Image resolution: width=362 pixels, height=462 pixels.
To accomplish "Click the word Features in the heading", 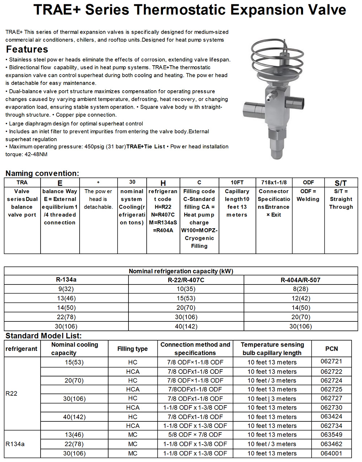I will pyautogui.click(x=27, y=49).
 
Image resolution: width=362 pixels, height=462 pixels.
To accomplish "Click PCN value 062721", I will pyautogui.click(x=331, y=361).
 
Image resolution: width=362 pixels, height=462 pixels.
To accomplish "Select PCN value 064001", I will pyautogui.click(x=331, y=453).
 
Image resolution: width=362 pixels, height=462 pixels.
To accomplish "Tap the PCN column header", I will pyautogui.click(x=331, y=349).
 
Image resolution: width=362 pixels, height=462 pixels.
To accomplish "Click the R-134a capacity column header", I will pyautogui.click(x=66, y=280).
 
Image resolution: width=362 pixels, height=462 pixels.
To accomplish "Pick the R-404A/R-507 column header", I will pyautogui.click(x=300, y=280).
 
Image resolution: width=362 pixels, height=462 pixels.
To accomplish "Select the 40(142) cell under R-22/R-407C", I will pyautogui.click(x=186, y=326).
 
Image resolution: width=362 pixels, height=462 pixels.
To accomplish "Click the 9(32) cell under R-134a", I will pyautogui.click(x=66, y=289).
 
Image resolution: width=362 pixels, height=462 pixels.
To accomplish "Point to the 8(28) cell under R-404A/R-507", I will pyautogui.click(x=300, y=289).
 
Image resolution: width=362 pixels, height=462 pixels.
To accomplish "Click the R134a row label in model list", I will pyautogui.click(x=15, y=444).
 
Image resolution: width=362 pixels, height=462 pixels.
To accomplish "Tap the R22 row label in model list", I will pyautogui.click(x=12, y=394).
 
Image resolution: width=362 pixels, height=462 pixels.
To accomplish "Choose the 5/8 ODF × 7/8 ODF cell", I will pyautogui.click(x=195, y=434).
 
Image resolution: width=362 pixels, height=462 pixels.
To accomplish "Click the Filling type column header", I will pyautogui.click(x=132, y=349).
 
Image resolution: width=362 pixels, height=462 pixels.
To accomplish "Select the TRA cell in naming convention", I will pyautogui.click(x=22, y=182).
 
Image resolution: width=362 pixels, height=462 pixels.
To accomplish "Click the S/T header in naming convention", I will pyautogui.click(x=341, y=183).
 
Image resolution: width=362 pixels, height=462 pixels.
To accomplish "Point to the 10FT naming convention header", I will pyautogui.click(x=237, y=182).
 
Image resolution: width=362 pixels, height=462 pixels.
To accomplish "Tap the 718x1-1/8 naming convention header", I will pyautogui.click(x=274, y=182).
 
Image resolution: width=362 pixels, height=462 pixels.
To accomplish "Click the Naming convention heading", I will pyautogui.click(x=42, y=173).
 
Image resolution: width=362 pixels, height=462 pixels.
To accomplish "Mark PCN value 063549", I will pyautogui.click(x=331, y=434).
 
